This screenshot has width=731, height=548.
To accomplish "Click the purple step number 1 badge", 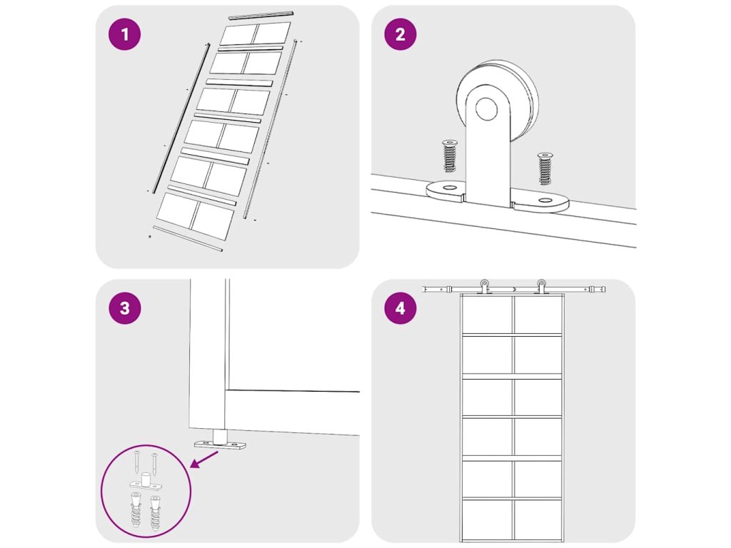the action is pos(124,34).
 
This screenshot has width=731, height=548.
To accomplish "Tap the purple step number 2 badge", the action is pos(400,34).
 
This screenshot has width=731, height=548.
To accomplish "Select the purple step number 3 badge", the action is pos(124,308).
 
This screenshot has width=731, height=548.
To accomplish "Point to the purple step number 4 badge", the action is pos(400,308).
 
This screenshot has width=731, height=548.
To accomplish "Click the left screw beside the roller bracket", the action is pos(450,156).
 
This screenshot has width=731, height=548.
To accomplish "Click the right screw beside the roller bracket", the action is pos(545,168).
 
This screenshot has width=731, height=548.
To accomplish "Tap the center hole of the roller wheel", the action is pos(487,108).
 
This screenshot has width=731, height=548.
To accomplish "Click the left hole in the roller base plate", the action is pos(450,188).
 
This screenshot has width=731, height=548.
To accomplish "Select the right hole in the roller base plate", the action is pos(545,201).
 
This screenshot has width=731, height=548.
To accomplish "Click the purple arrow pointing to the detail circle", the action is pos(205,460).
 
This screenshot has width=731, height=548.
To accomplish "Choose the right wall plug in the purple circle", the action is pos(155,514).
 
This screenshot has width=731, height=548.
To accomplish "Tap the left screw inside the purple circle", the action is pos(136,462).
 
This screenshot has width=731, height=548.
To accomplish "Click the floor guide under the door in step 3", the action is pos(220,440).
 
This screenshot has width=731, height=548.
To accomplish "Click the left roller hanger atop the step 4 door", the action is pos(485,286).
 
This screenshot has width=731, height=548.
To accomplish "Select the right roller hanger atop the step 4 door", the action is pos(541,286).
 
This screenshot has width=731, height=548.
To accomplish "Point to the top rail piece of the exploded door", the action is pos(261,15).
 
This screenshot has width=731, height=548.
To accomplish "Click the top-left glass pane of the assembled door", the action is pos(487,315).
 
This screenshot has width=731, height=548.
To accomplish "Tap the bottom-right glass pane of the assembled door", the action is pos(538,520).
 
